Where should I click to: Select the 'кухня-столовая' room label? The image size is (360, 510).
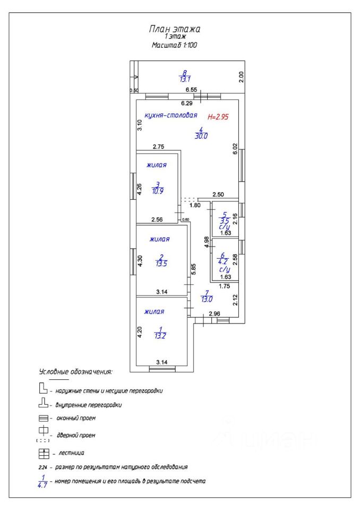coord(171,115)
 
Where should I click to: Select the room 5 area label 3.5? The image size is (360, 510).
coord(224,218)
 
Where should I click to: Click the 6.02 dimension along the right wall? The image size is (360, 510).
coord(235,149)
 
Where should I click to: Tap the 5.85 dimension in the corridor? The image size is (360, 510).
coord(194,269)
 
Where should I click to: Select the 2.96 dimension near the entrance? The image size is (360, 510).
coord(214,314)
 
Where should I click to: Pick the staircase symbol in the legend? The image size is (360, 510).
coord(44,453)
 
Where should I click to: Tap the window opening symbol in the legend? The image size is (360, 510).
coord(44,418)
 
